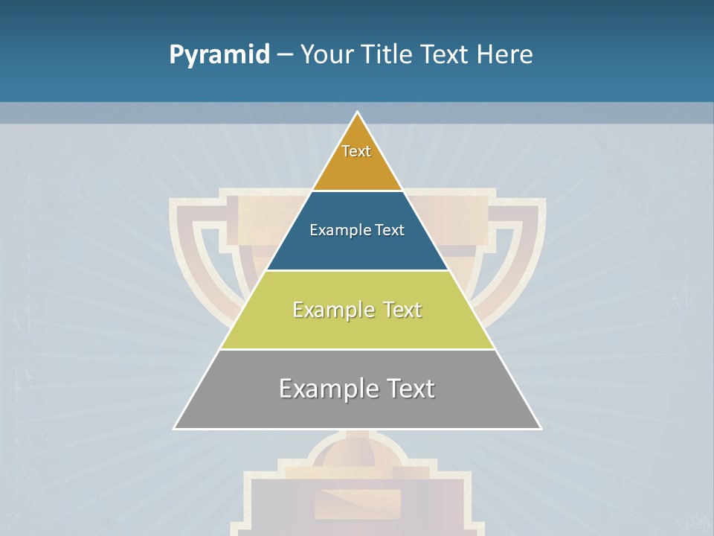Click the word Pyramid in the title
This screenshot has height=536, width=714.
[219, 55]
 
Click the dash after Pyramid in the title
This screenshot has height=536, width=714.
[284, 55]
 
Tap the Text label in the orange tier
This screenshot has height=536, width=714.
[356, 151]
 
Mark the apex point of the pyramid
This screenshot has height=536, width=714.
[358, 112]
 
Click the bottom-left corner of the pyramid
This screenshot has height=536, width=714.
[175, 428]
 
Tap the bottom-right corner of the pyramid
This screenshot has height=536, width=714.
[541, 428]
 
